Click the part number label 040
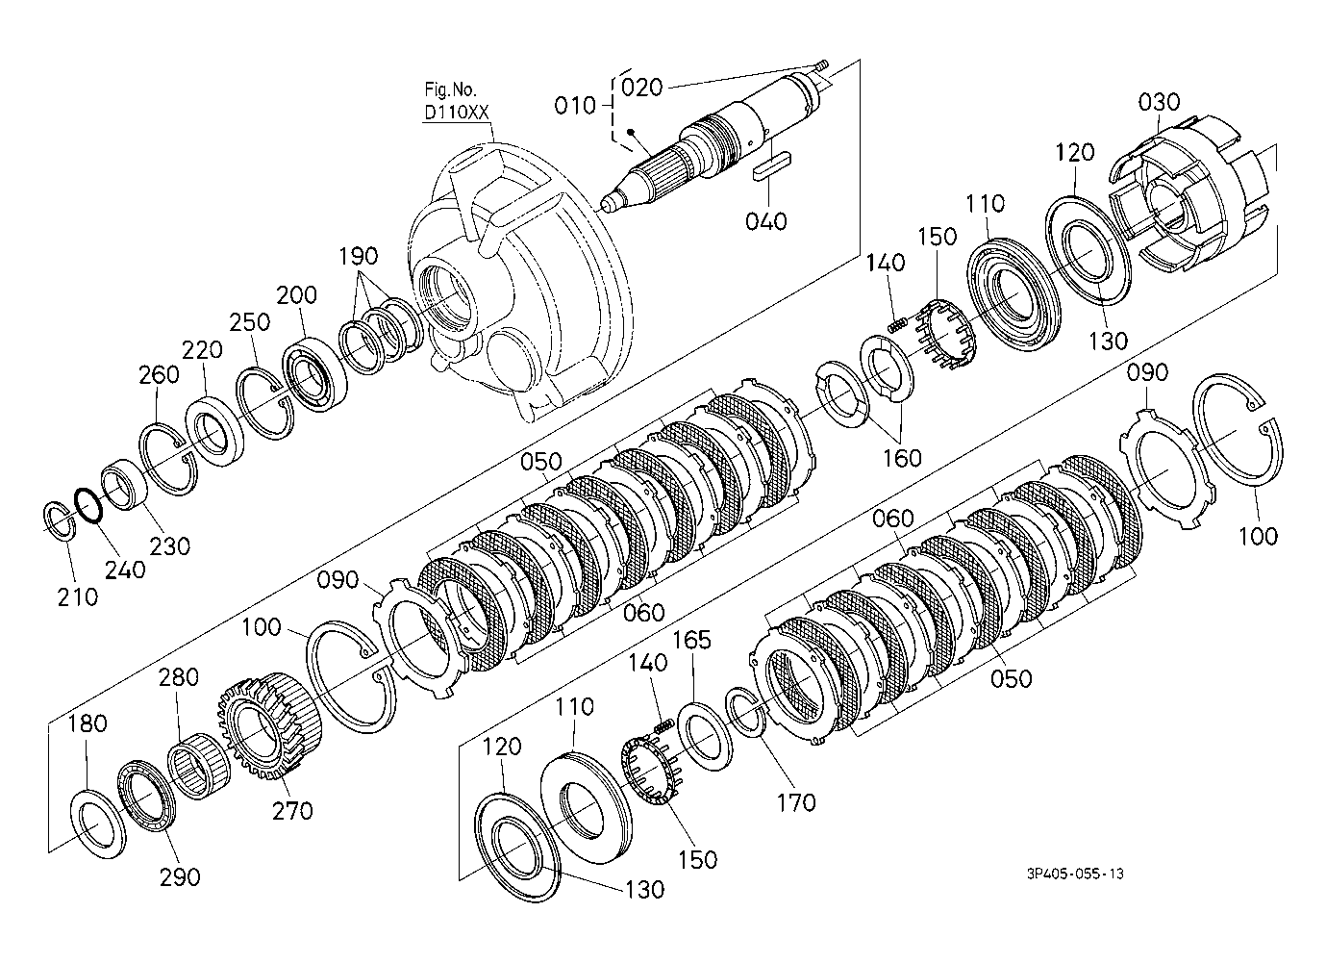tap(766, 221)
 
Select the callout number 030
tap(1159, 102)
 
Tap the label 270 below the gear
tap(292, 811)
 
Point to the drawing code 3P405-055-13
tap(1076, 874)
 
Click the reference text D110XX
tap(457, 112)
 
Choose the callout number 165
tap(692, 640)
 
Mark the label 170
tap(796, 803)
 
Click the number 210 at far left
tap(78, 597)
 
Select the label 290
tap(180, 877)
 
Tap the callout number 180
tap(88, 723)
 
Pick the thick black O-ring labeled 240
tap(88, 506)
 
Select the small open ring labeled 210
tap(60, 521)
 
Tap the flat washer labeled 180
tap(98, 824)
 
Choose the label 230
tap(170, 546)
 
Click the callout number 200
tap(296, 295)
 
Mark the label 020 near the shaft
tap(641, 88)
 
